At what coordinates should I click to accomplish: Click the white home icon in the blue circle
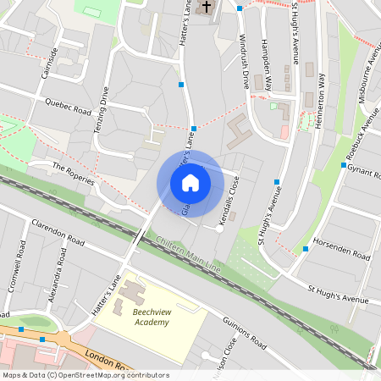(190, 183)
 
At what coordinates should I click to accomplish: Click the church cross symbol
(205, 8)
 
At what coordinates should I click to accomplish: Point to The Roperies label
(71, 174)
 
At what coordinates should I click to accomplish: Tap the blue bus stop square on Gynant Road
(344, 166)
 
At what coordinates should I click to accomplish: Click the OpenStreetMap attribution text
(86, 374)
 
